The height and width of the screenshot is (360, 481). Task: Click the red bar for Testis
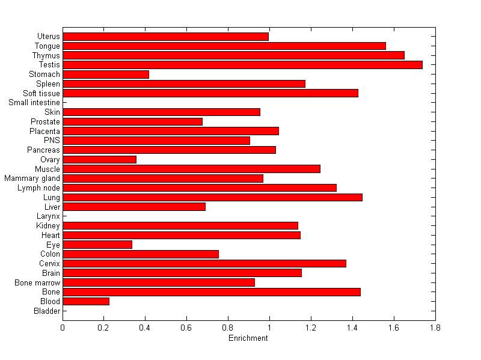tap(242, 65)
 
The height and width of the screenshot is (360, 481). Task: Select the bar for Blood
tap(86, 301)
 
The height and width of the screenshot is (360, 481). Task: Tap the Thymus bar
tap(233, 55)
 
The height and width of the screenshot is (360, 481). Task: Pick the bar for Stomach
tap(106, 75)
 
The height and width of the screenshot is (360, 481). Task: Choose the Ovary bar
tap(99, 159)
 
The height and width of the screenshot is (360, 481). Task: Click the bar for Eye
tap(97, 245)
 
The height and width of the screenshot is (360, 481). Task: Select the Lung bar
tap(212, 197)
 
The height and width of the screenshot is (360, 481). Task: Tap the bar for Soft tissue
tap(210, 93)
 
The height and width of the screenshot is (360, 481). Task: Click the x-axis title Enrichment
tap(248, 338)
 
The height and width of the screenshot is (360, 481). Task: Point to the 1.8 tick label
tap(435, 328)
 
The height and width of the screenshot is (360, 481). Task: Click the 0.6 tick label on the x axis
tap(186, 328)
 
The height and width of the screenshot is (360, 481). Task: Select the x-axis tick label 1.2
tap(311, 328)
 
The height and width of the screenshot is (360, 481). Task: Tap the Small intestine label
tap(34, 103)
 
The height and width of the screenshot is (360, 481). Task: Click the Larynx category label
tap(49, 216)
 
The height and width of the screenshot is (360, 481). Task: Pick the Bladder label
tap(47, 311)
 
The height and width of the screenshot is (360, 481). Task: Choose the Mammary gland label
tap(32, 178)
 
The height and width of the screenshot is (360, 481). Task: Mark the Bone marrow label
tap(37, 282)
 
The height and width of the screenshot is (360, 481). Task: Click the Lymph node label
tap(38, 188)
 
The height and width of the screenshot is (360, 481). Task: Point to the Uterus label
tap(48, 37)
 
